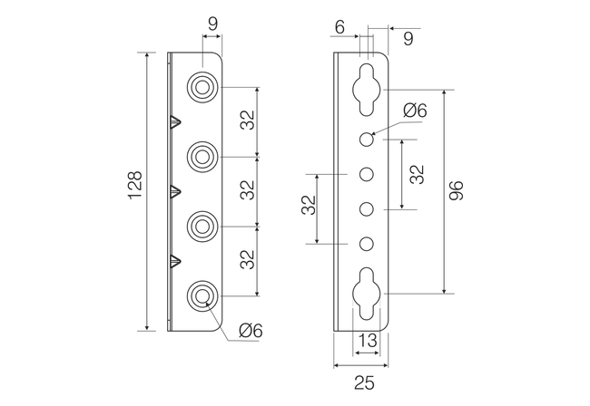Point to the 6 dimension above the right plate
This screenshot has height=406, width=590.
pos(339,28)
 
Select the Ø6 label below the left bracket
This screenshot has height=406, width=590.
pos(250,332)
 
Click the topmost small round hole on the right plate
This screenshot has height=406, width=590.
pos(366,140)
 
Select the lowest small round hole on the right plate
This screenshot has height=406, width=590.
pos(366,244)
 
